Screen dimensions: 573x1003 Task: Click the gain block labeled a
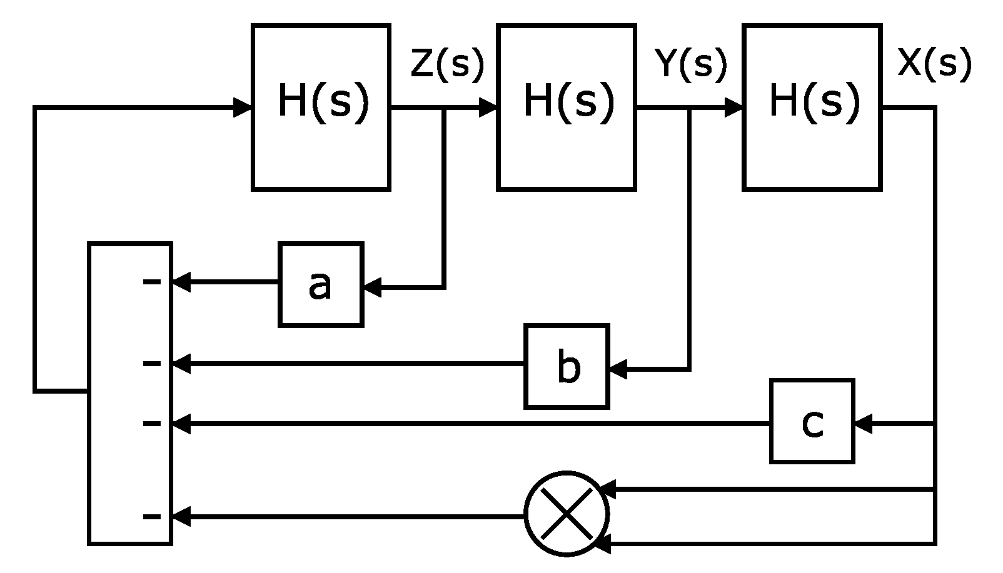tap(321, 284)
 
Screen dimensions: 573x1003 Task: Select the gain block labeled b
tap(567, 366)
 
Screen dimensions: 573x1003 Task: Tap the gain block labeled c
tap(812, 421)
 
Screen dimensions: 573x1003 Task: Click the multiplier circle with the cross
tap(566, 513)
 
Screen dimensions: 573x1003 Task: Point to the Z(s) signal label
tap(447, 64)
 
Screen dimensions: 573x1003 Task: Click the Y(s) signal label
tap(691, 64)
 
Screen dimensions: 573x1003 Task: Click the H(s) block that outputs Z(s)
tap(321, 107)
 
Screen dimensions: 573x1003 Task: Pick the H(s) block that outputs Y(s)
tap(567, 107)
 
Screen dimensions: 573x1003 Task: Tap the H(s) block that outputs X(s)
tap(812, 107)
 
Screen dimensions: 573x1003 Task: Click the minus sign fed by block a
tap(151, 282)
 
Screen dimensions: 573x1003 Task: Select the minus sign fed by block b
tap(151, 363)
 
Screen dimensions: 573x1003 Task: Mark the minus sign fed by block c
tap(151, 424)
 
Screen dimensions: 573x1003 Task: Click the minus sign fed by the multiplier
tap(151, 516)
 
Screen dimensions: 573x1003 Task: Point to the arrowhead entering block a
tap(371, 288)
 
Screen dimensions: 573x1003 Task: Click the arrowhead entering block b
tap(617, 370)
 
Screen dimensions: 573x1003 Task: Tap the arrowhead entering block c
tap(863, 424)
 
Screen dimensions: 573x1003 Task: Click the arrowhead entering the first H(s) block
tap(243, 107)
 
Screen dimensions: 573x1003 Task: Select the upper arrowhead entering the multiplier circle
tap(607, 489)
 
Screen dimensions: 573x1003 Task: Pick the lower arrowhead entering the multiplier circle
tap(603, 544)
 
